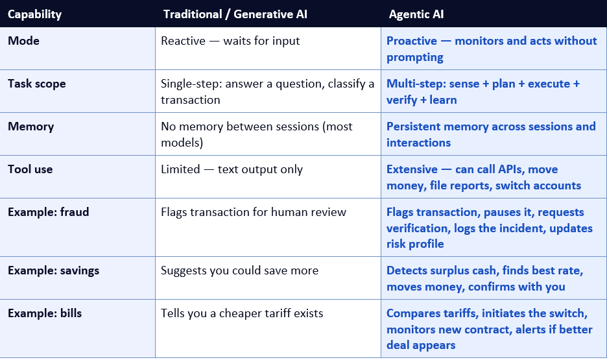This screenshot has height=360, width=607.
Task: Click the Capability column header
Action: point(34,14)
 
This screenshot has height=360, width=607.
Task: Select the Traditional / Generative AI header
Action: point(235,14)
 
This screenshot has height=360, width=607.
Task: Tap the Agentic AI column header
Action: point(416,14)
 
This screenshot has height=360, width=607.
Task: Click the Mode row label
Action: point(23,41)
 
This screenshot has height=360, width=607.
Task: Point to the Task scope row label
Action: point(37,84)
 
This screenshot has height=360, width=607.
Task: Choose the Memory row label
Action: point(31,126)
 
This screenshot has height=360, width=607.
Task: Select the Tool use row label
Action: point(30,169)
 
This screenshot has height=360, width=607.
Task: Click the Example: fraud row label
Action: point(49,211)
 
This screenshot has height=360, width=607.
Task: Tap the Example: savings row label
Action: point(53,270)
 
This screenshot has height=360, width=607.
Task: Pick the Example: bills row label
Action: point(45,313)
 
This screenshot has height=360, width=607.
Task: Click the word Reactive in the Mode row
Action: point(183,41)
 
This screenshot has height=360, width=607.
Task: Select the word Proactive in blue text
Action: point(412,41)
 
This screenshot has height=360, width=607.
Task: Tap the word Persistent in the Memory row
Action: point(414,126)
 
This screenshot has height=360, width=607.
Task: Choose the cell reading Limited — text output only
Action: point(232,169)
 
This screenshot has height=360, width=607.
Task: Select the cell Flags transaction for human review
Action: point(254,211)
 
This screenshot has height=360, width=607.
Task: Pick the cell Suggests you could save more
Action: point(240,270)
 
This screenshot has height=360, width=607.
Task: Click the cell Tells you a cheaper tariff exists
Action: point(242,313)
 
